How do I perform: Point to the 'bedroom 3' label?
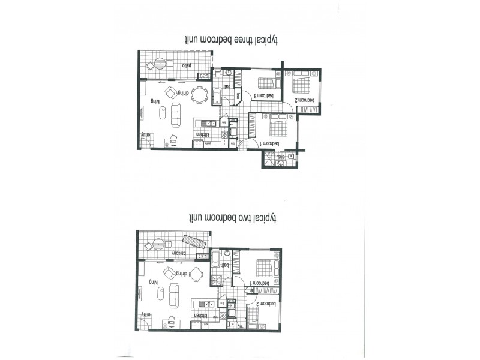[265, 95]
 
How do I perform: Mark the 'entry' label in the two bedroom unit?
[146, 314]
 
